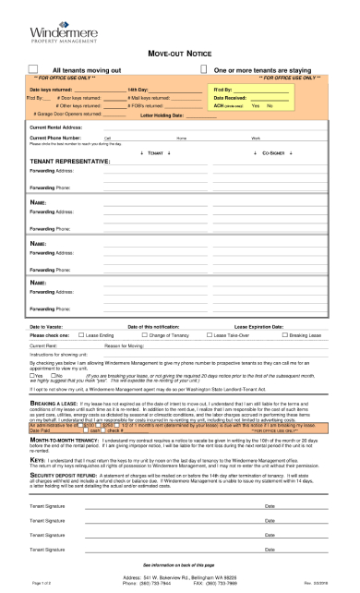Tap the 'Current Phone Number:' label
54,137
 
